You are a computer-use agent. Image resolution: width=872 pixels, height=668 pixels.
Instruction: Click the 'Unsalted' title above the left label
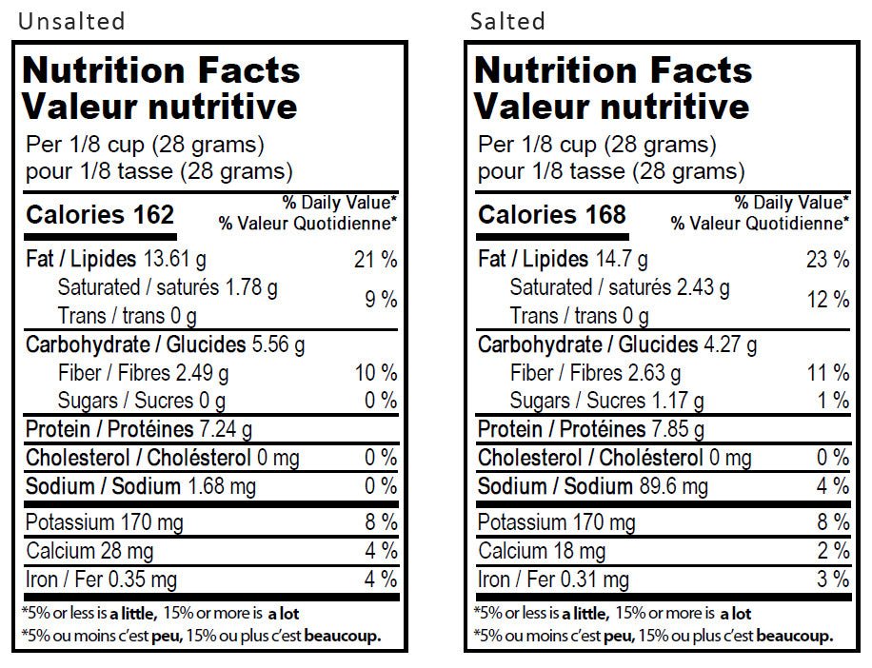click(71, 20)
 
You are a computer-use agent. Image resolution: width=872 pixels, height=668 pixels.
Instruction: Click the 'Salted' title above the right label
click(507, 20)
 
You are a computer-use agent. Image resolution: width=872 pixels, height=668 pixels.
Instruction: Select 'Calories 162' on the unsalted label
click(100, 215)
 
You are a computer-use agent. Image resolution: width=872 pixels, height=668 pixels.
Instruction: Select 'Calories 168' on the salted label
click(552, 215)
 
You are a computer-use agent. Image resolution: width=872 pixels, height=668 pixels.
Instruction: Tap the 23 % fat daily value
click(827, 260)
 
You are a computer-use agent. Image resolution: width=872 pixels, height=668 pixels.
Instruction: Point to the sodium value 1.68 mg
click(221, 487)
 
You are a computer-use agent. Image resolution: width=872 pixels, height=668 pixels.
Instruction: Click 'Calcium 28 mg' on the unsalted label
click(89, 551)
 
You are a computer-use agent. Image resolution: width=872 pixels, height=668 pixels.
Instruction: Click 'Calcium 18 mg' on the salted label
click(542, 551)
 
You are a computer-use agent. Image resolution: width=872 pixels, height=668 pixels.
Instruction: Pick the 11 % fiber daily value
click(827, 373)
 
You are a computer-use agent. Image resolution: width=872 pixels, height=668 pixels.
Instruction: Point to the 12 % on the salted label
click(827, 301)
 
